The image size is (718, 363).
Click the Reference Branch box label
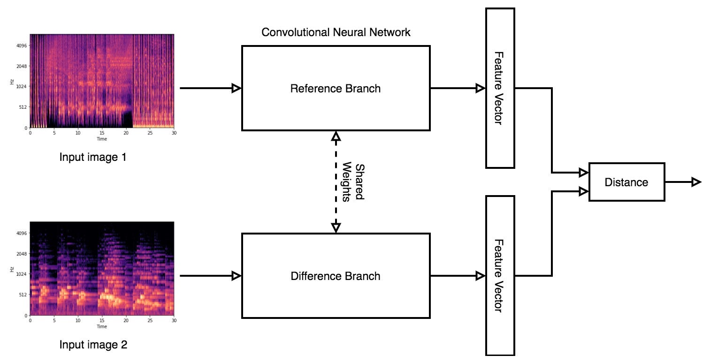(x=336, y=88)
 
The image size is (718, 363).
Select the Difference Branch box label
(x=336, y=276)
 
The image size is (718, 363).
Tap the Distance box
(x=626, y=182)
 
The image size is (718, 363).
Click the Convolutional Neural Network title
(x=336, y=32)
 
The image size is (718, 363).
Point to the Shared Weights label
(x=353, y=182)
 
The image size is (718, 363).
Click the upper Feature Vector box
(x=500, y=88)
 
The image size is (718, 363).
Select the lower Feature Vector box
(x=500, y=276)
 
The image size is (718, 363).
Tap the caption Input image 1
(x=93, y=157)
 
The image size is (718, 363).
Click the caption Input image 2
(x=93, y=345)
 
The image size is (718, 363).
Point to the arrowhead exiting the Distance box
(x=696, y=182)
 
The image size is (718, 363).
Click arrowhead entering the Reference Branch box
(x=237, y=88)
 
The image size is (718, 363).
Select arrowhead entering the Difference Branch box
(x=237, y=276)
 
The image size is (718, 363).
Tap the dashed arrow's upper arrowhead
(x=336, y=136)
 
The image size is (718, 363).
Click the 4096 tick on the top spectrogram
(x=22, y=45)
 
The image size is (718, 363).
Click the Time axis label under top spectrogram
(x=102, y=139)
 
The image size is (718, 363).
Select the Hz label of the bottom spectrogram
(x=12, y=270)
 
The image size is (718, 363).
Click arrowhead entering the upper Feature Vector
(x=480, y=88)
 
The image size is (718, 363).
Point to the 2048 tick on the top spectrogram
(x=22, y=66)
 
